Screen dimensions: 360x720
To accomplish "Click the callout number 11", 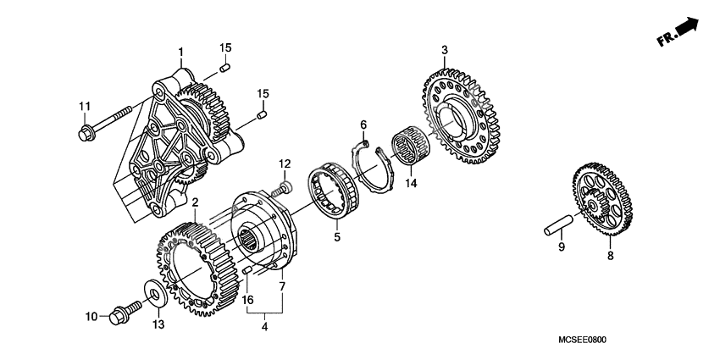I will pyautogui.click(x=84, y=106).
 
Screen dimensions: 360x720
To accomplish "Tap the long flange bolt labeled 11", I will pyautogui.click(x=107, y=121).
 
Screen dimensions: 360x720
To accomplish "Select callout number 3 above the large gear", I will pyautogui.click(x=445, y=51).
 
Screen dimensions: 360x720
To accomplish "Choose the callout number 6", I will pyautogui.click(x=363, y=125).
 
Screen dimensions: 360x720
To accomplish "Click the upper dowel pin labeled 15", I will pyautogui.click(x=225, y=67).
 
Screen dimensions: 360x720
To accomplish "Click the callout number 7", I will pyautogui.click(x=281, y=286).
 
